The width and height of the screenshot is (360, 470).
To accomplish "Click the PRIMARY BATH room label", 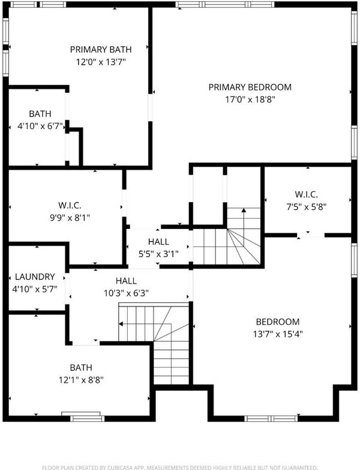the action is pyautogui.click(x=101, y=49).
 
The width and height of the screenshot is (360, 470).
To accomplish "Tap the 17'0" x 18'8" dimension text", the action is pyautogui.click(x=250, y=100).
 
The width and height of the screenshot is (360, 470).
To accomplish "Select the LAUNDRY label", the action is pyautogui.click(x=35, y=277).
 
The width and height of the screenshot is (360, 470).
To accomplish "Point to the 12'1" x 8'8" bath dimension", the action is pyautogui.click(x=81, y=380).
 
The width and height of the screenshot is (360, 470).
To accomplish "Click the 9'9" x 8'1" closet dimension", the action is pyautogui.click(x=70, y=218).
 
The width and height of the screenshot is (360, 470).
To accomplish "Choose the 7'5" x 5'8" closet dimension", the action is pyautogui.click(x=306, y=207).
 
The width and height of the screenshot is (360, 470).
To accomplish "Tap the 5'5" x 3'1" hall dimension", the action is pyautogui.click(x=158, y=254).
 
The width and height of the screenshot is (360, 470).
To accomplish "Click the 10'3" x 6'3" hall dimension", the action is pyautogui.click(x=126, y=293).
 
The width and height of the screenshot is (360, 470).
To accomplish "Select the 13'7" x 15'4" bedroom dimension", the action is pyautogui.click(x=278, y=334).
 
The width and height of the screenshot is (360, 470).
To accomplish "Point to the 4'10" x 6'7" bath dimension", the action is pyautogui.click(x=40, y=126).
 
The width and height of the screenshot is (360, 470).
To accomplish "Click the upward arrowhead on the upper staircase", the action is pyautogui.click(x=244, y=210).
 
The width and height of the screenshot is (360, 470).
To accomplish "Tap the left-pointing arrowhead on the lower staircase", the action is pyautogui.click(x=121, y=324).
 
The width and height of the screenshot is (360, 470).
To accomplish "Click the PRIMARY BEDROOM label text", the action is pyautogui.click(x=250, y=88).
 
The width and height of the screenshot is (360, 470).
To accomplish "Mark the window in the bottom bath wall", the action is pyautogui.click(x=88, y=418).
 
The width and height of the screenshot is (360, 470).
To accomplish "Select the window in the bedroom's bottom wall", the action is pyautogui.click(x=271, y=418).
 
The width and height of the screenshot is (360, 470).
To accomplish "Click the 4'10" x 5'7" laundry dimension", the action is pyautogui.click(x=35, y=289).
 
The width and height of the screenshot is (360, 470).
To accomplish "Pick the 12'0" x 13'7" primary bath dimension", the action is pyautogui.click(x=101, y=62).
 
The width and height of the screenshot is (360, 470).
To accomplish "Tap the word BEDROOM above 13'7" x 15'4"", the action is pyautogui.click(x=278, y=322).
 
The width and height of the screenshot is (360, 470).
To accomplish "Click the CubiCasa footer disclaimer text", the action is pyautogui.click(x=180, y=468).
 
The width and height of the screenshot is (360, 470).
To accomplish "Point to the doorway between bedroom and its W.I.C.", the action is pyautogui.click(x=311, y=235).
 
